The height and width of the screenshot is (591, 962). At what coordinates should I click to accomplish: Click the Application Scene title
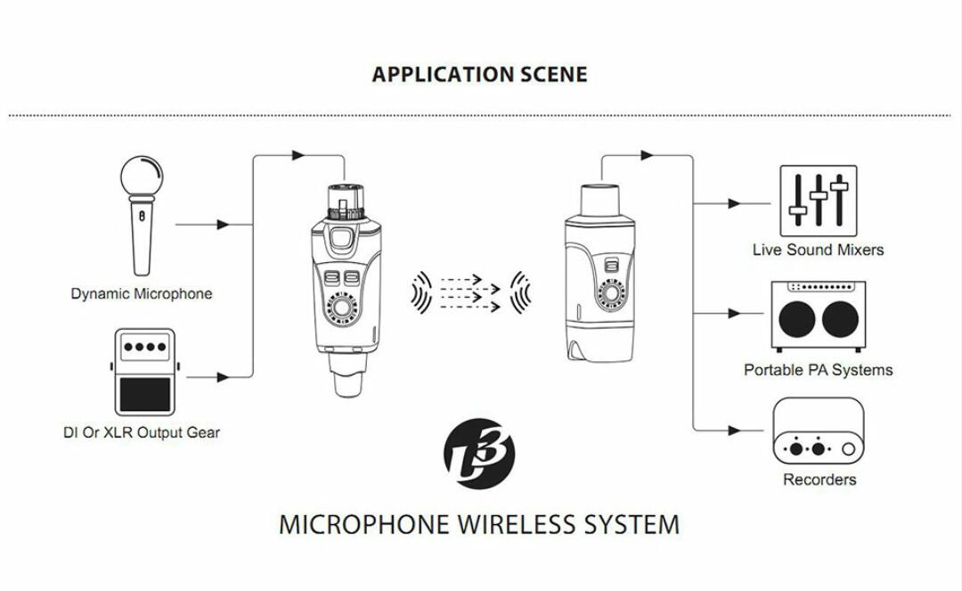click(479, 74)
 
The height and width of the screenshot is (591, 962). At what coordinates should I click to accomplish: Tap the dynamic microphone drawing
click(143, 216)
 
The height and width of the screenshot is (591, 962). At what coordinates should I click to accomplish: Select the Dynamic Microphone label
click(142, 293)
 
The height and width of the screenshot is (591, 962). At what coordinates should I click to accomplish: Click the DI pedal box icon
click(144, 372)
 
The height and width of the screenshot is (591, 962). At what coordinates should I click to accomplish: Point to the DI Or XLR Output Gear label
click(141, 432)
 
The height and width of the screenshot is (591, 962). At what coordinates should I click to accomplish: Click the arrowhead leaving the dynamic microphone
click(224, 225)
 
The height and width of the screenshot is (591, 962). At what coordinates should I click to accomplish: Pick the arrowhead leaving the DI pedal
click(224, 377)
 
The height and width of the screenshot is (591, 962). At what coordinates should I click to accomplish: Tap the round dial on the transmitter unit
click(342, 307)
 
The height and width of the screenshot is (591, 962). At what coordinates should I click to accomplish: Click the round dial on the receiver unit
click(610, 292)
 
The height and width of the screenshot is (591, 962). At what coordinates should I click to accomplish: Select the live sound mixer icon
click(819, 201)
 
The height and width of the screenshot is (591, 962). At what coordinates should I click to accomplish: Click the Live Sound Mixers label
click(818, 250)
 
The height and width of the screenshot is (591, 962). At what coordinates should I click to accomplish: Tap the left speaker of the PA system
click(797, 319)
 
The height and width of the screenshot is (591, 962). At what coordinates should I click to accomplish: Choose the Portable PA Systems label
click(818, 370)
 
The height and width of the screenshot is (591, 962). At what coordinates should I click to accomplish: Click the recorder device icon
click(819, 431)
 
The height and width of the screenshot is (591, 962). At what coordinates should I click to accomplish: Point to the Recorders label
click(819, 480)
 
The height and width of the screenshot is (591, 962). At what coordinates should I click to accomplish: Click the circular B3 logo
click(479, 454)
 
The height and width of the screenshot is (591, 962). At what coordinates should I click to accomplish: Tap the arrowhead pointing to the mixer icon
click(734, 204)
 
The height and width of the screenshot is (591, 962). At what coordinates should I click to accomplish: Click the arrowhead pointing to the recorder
click(734, 431)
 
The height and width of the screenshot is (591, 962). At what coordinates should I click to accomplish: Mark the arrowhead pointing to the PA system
click(734, 314)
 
